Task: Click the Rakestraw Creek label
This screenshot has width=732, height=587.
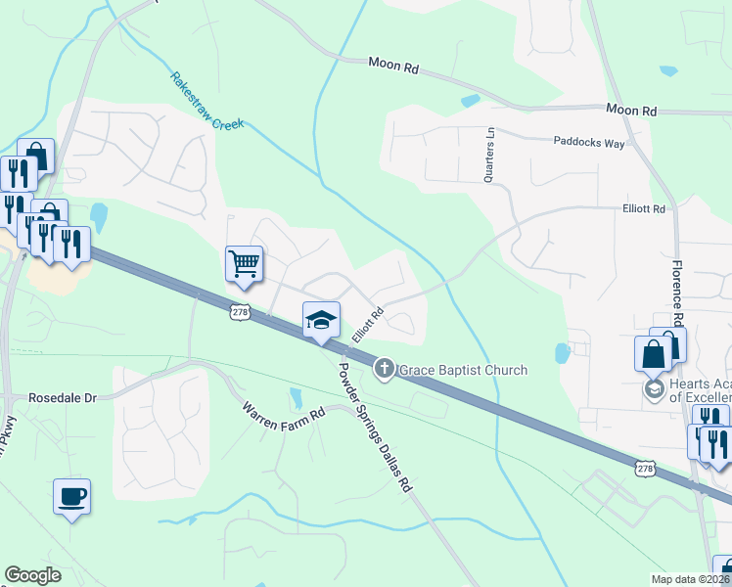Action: [206, 101]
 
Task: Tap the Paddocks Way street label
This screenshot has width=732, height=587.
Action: [588, 143]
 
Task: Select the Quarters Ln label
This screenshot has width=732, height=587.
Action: [489, 155]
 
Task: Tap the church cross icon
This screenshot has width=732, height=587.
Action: [385, 370]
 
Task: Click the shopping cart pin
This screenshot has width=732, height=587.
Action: [244, 262]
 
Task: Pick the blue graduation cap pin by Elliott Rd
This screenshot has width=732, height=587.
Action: [321, 320]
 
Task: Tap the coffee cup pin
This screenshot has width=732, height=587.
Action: [71, 496]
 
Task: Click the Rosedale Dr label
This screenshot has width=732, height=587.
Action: [64, 398]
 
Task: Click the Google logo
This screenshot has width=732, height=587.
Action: [32, 575]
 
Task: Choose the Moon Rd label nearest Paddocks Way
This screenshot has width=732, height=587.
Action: [630, 111]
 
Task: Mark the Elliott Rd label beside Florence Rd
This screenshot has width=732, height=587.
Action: [643, 209]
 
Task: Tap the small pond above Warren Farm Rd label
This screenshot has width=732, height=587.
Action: [296, 397]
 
